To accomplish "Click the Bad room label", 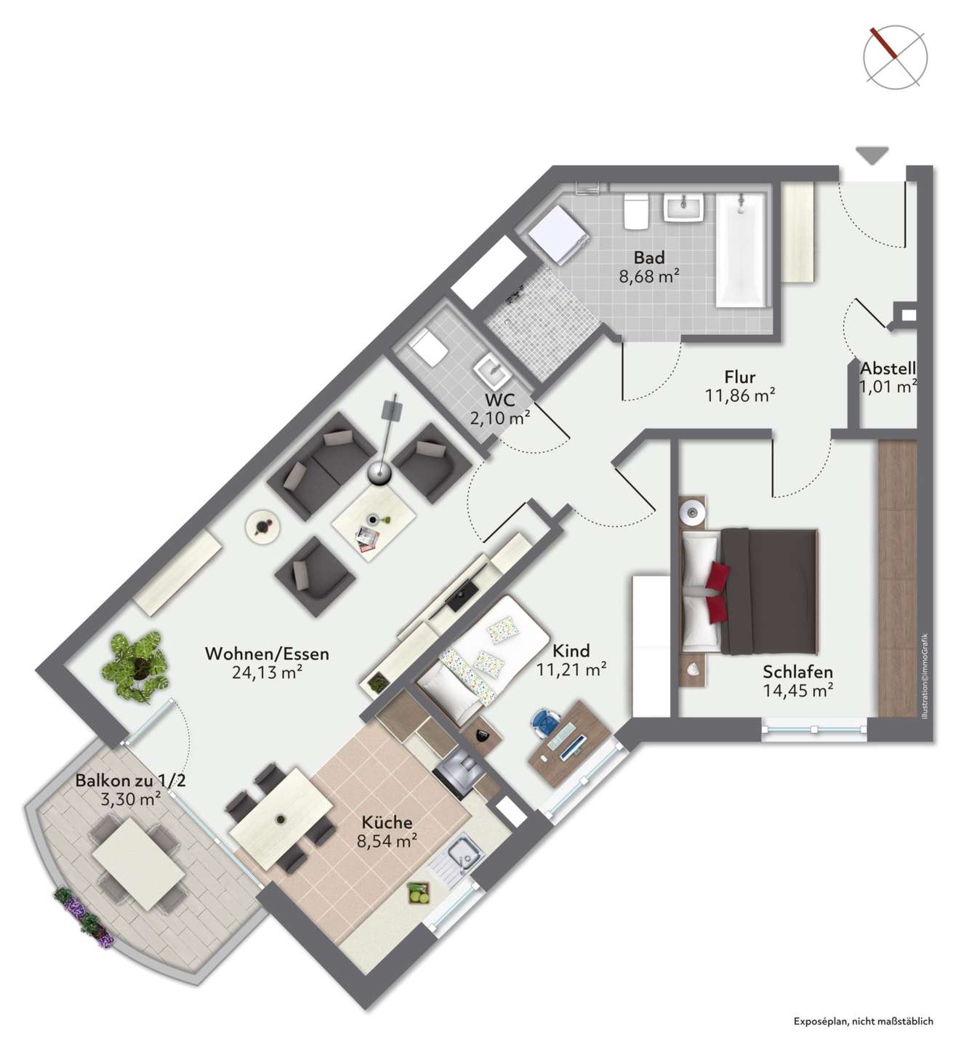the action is click(x=648, y=257).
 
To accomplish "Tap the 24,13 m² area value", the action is click(x=267, y=673).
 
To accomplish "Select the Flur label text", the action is click(x=739, y=377).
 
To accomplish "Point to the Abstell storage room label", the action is click(x=888, y=368).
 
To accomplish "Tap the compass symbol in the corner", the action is click(x=895, y=57).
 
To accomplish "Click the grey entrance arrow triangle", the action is click(x=872, y=156).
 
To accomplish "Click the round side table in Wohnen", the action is click(x=263, y=527).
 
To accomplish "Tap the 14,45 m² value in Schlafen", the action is click(x=797, y=691).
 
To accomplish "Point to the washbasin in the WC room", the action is click(x=492, y=371).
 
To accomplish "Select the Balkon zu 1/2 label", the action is click(x=130, y=780).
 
